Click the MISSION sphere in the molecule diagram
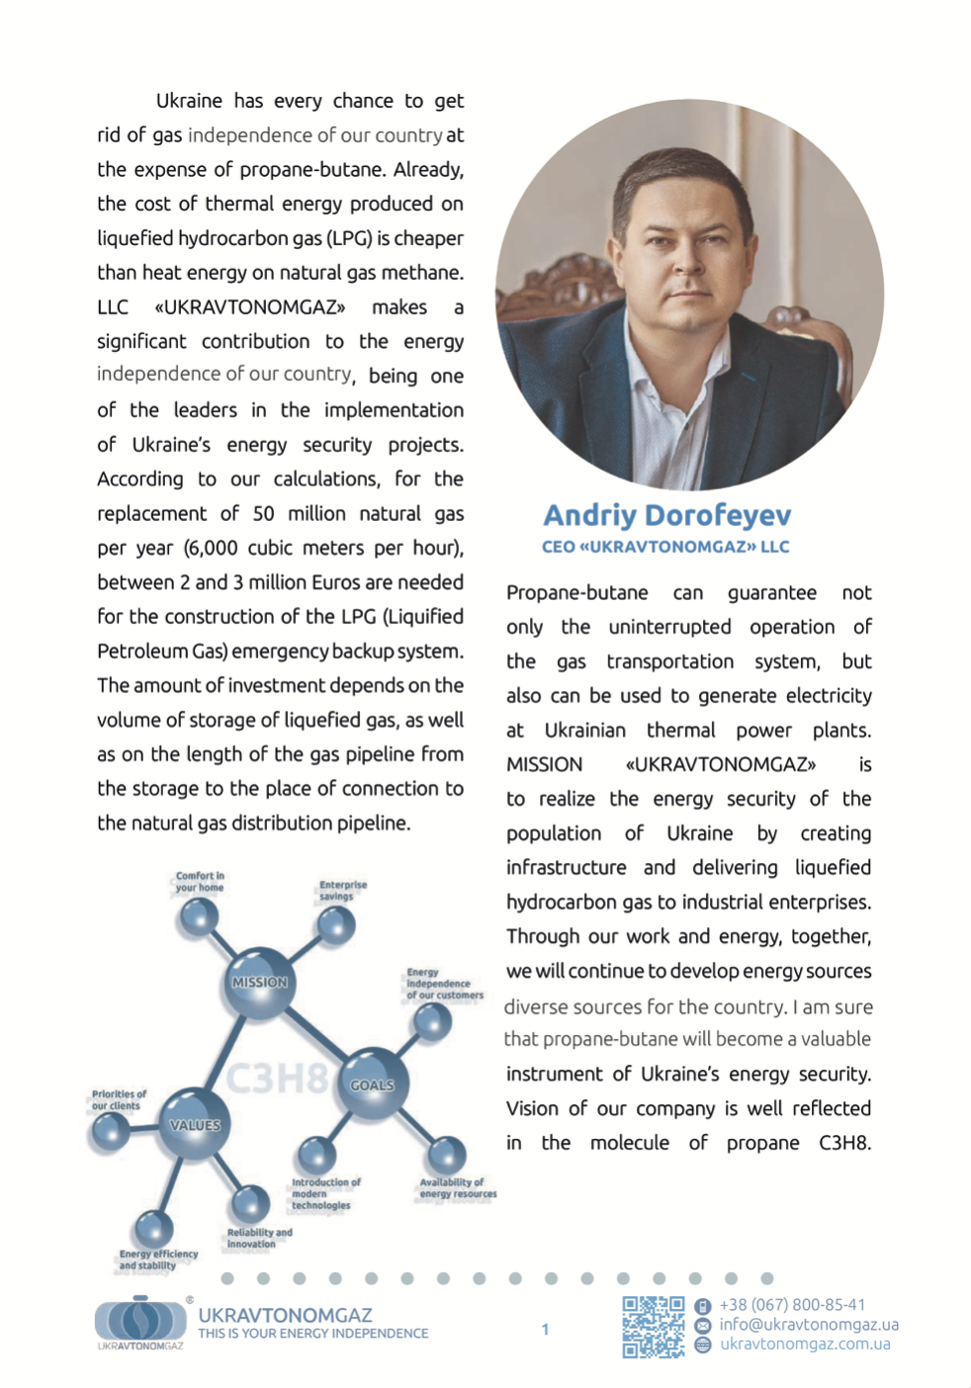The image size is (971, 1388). (x=259, y=983)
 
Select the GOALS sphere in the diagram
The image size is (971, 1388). (x=372, y=1085)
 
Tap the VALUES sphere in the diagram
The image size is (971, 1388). (x=195, y=1125)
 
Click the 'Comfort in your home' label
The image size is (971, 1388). (x=200, y=882)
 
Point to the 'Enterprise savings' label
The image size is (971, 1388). (x=342, y=891)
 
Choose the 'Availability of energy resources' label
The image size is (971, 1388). (x=457, y=1188)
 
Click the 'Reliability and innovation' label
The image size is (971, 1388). (x=259, y=1239)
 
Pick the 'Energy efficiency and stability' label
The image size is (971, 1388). (x=158, y=1259)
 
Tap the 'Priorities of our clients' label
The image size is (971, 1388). (x=119, y=1100)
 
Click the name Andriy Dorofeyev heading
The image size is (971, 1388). (x=667, y=515)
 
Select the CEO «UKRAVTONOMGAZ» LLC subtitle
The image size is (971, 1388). (x=665, y=547)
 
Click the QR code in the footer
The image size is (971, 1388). (x=653, y=1327)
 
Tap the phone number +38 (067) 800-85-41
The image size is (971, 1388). (x=792, y=1305)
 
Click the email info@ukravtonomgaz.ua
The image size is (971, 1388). (x=809, y=1325)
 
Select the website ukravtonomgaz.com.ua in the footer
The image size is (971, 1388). (x=805, y=1345)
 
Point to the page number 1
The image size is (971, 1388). (x=545, y=1330)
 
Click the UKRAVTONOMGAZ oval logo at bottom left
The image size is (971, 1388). (x=140, y=1321)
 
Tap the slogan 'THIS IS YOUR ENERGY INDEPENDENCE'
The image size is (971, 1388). (x=312, y=1334)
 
